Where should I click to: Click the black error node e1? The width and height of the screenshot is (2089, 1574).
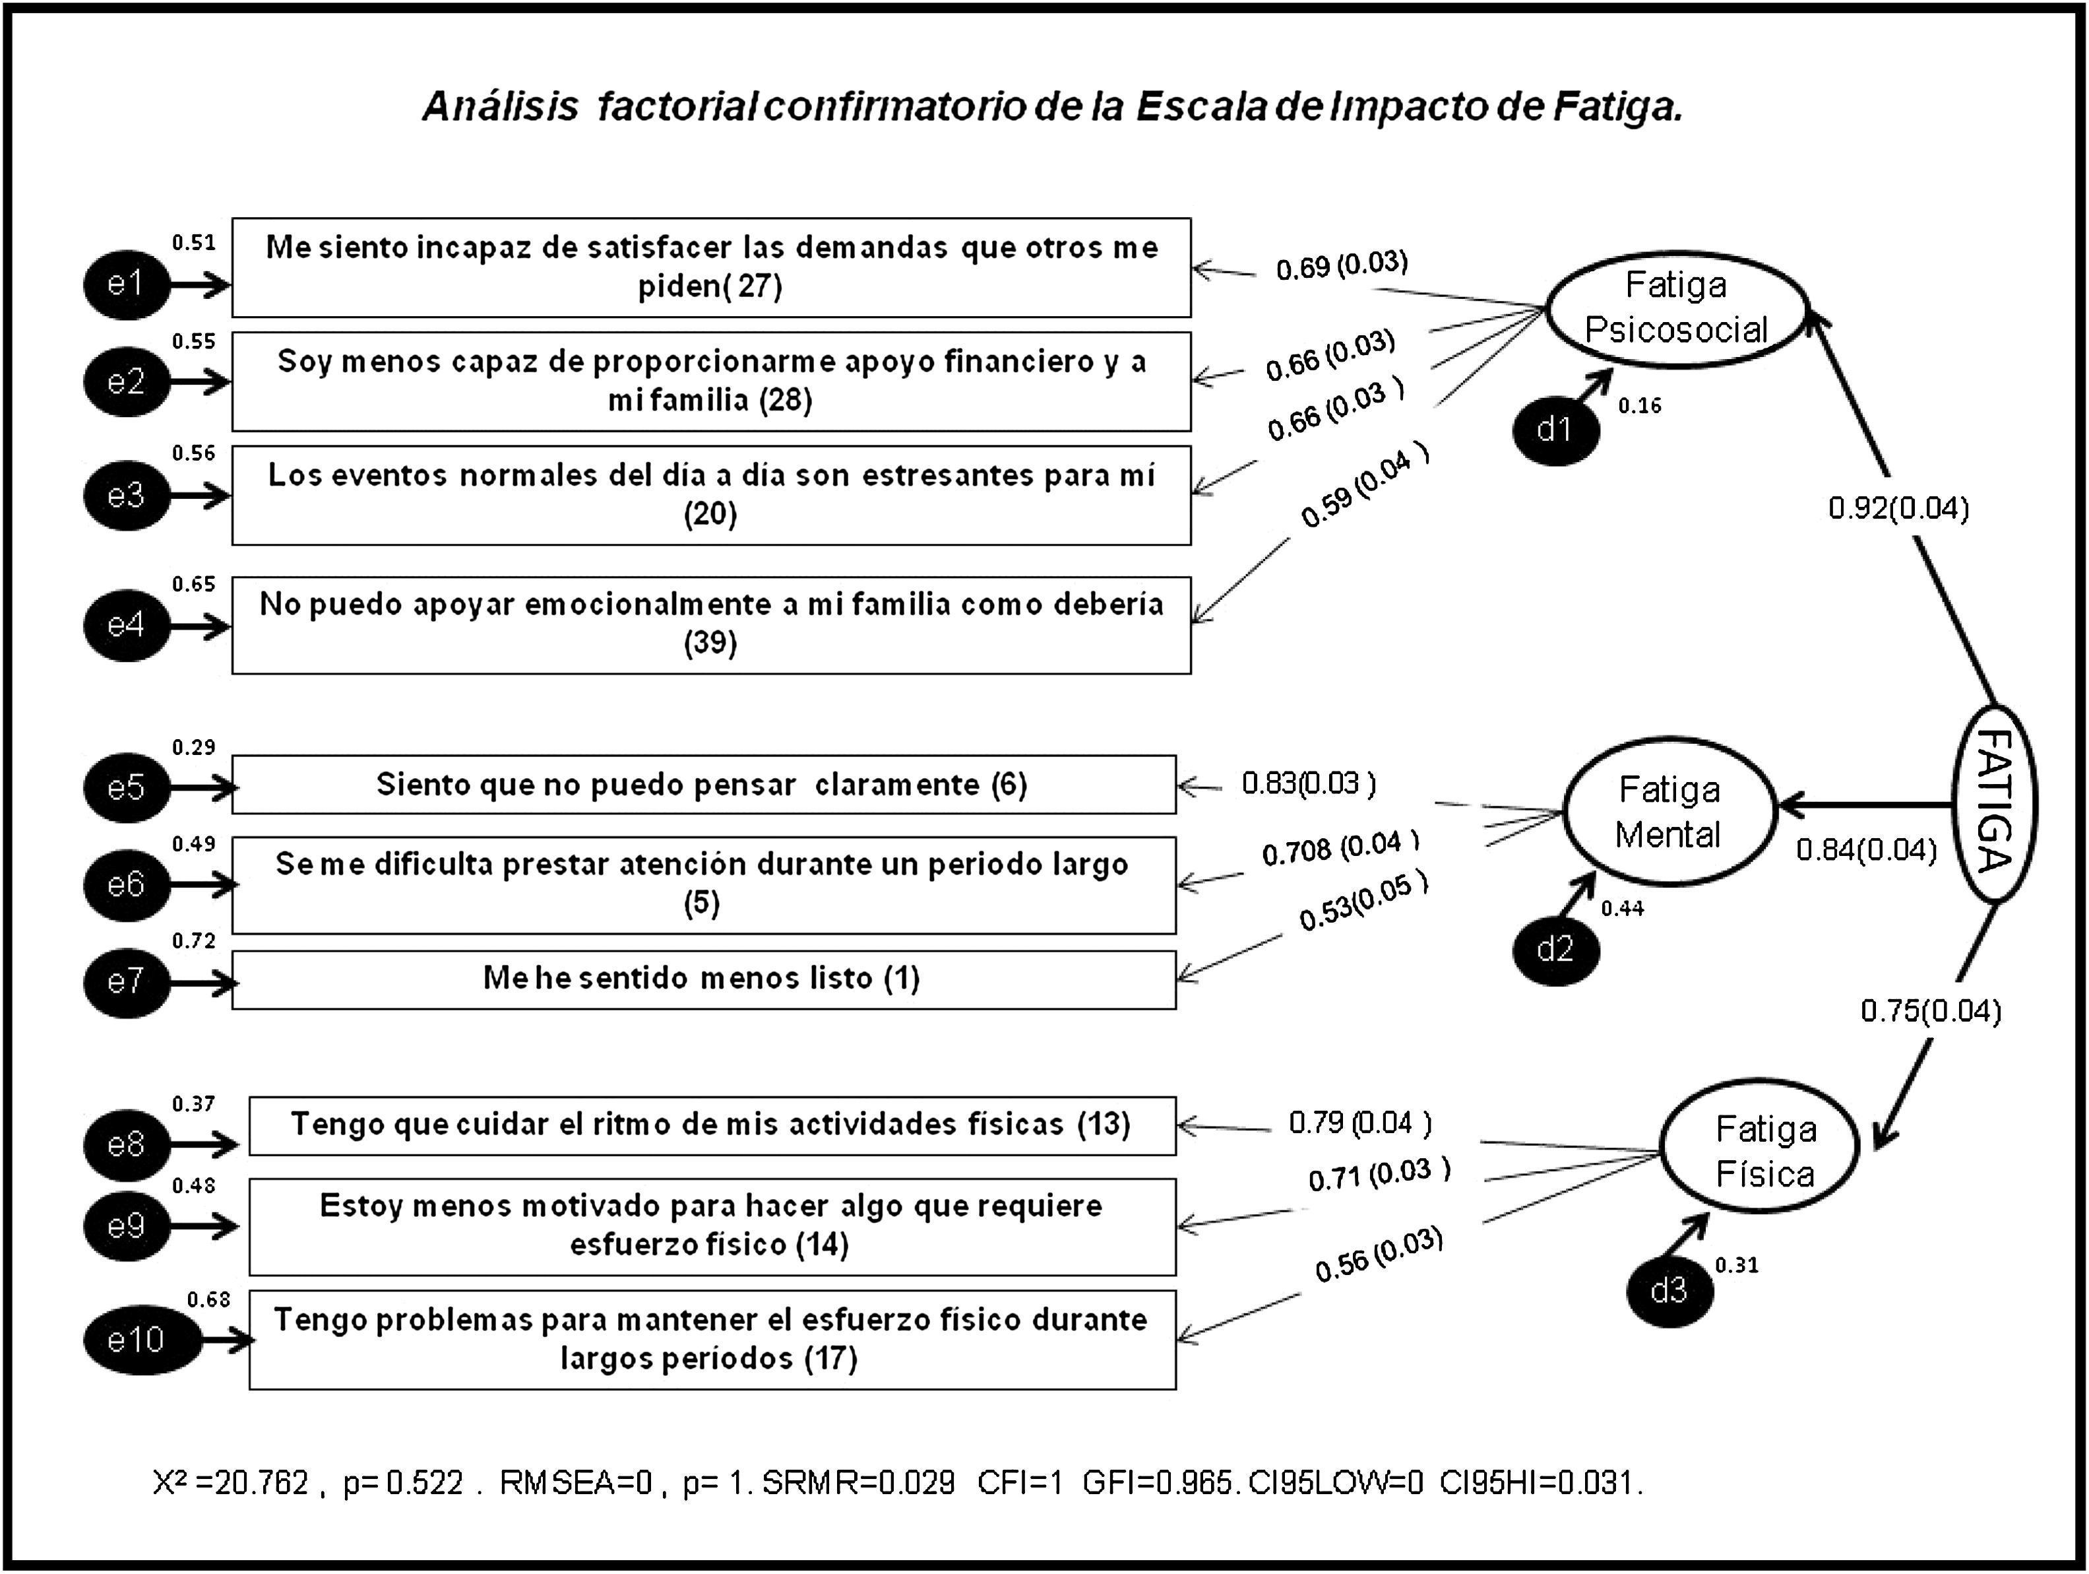pos(125,283)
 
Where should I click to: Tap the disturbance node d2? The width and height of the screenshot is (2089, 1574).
pos(1555,948)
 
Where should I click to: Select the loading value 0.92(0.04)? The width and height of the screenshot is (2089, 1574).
pos(1898,508)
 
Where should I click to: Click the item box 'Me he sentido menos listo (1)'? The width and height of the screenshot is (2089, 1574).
pos(704,979)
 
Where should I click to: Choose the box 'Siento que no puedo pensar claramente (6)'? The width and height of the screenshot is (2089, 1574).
pos(704,784)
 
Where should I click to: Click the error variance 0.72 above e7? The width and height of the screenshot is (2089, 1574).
pos(194,940)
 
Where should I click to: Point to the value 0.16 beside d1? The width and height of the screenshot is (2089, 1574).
pos(1639,405)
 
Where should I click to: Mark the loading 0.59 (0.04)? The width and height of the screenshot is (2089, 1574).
pos(1363,488)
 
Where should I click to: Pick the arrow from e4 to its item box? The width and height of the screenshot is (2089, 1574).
pos(201,626)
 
